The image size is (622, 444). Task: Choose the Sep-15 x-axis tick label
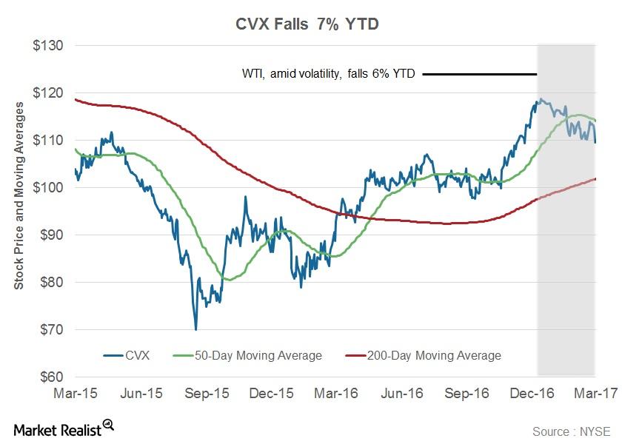pos(207,394)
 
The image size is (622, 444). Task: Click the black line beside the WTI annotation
pos(480,74)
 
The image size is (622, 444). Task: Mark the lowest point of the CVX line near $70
pos(195,329)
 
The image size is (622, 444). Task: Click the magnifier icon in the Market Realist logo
pos(109,424)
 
